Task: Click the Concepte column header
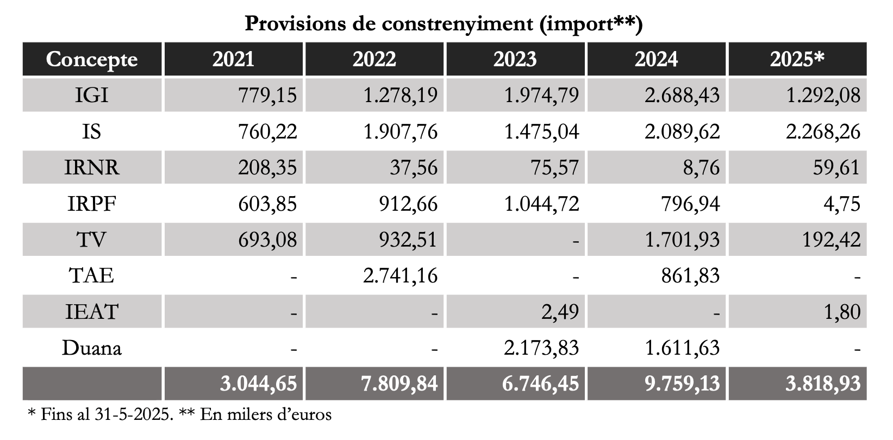tap(92, 59)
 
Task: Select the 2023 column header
tap(515, 59)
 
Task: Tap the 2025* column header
tap(797, 59)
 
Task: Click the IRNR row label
tap(92, 167)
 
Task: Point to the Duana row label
tap(92, 348)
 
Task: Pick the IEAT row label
tap(92, 312)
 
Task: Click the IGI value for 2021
tap(267, 96)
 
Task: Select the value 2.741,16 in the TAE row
tap(399, 276)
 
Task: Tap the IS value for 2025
tap(823, 131)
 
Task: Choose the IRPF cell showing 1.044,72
tap(541, 204)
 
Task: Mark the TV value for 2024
tap(682, 240)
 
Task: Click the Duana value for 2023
tap(541, 348)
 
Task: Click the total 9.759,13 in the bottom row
tap(682, 384)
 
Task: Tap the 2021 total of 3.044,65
tap(259, 384)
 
